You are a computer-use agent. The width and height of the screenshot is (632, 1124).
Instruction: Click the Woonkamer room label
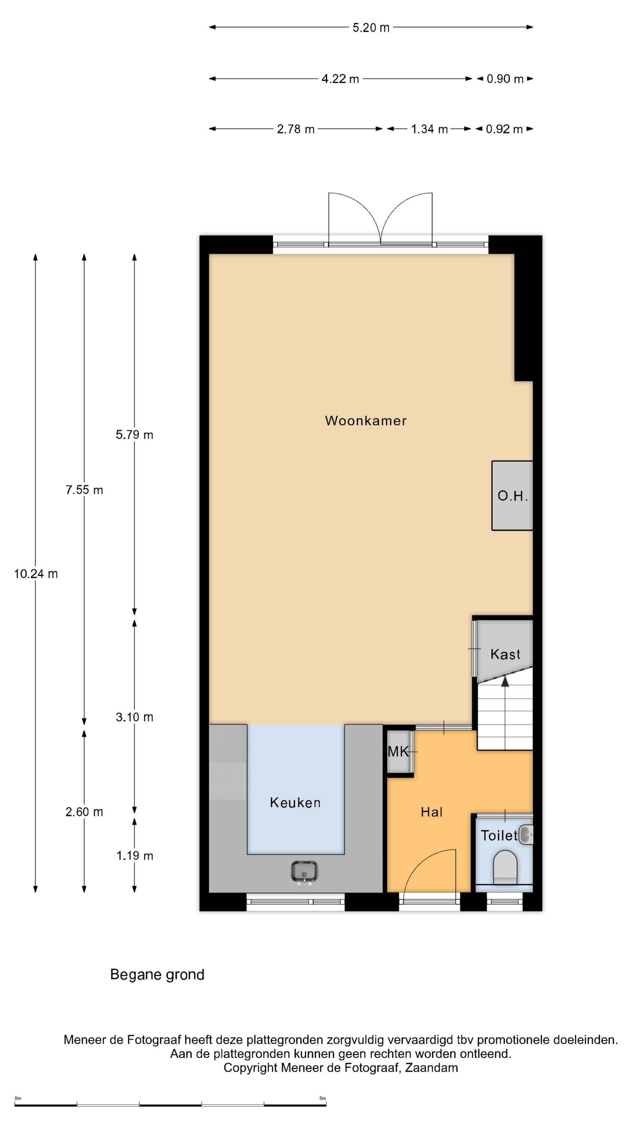(x=365, y=421)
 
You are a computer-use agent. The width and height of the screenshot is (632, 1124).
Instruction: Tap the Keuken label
(x=295, y=802)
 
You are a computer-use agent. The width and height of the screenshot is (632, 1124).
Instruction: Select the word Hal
(x=431, y=812)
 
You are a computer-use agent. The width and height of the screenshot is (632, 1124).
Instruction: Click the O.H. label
(x=513, y=496)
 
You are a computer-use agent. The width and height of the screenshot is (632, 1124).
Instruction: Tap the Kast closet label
(x=505, y=654)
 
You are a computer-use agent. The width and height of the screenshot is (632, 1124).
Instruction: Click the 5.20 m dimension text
(x=371, y=27)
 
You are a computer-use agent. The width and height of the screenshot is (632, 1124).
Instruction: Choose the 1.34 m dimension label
(x=429, y=129)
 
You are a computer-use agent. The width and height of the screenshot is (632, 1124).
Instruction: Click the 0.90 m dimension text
(x=505, y=79)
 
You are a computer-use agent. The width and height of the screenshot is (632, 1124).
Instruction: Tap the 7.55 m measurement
(x=84, y=490)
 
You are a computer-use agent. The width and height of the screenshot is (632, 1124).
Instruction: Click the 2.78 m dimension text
(x=295, y=129)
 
